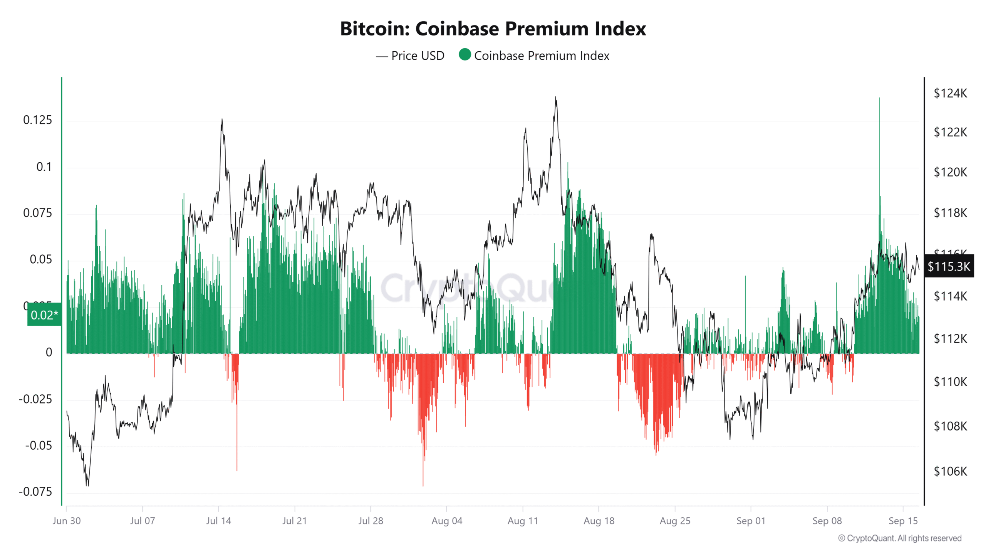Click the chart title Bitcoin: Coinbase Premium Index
click(x=493, y=29)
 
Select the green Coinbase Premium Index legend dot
click(x=465, y=55)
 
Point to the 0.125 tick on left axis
click(x=37, y=120)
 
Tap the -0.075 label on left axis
click(x=35, y=492)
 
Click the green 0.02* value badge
click(x=44, y=315)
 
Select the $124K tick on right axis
click(x=950, y=93)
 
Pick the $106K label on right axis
click(x=950, y=471)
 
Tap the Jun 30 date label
click(x=67, y=521)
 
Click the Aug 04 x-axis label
click(x=447, y=521)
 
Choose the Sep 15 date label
click(x=903, y=521)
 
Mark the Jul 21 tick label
click(x=295, y=521)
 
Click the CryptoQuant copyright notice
click(x=900, y=538)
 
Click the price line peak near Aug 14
click(x=555, y=98)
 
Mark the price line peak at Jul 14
click(x=222, y=119)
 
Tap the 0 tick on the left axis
click(x=49, y=352)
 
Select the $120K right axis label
click(x=950, y=172)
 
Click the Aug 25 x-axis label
click(x=675, y=521)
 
